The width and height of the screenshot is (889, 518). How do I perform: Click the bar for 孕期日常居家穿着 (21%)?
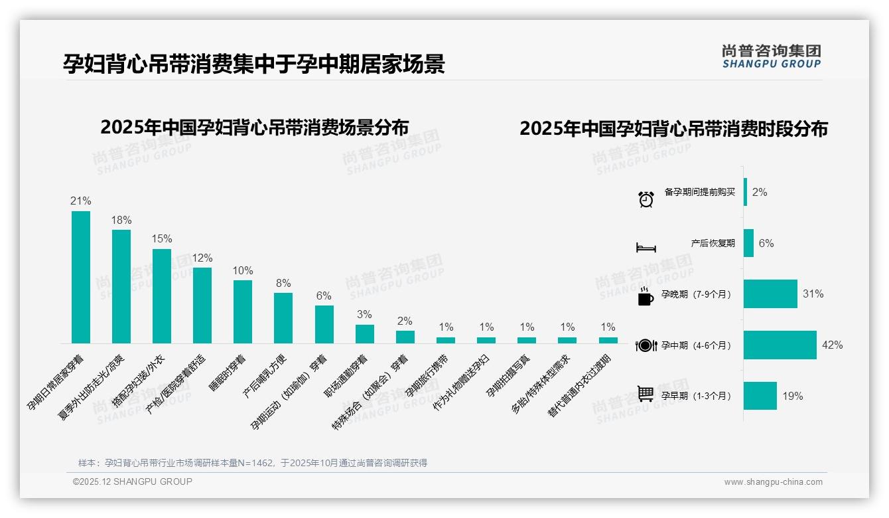[81, 277]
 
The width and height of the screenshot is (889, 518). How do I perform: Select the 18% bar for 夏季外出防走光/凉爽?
[121, 286]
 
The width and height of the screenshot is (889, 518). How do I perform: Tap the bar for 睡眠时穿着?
[243, 311]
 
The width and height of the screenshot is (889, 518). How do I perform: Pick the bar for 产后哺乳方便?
[283, 318]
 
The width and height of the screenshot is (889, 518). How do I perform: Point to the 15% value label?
[162, 239]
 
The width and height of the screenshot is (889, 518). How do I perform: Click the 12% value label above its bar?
[202, 258]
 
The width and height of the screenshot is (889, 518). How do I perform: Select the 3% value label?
[364, 315]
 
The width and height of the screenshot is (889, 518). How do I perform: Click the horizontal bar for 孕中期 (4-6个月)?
[780, 345]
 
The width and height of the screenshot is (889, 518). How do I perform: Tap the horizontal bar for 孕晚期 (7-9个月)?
[770, 294]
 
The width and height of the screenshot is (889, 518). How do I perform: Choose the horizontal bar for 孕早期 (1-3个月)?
[760, 396]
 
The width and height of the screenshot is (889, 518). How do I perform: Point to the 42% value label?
[832, 345]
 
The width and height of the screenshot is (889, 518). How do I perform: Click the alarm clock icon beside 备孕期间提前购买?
[646, 199]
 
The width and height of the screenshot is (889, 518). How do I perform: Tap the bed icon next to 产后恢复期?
[646, 248]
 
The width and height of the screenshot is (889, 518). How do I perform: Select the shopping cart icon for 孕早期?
[646, 394]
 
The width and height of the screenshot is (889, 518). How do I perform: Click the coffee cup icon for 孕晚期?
[646, 297]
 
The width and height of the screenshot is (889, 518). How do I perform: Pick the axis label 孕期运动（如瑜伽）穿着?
[289, 392]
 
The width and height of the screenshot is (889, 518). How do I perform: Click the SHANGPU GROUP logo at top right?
[772, 56]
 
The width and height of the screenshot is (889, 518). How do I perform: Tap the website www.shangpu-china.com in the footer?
[773, 482]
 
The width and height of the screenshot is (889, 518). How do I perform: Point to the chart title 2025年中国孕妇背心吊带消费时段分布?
[673, 129]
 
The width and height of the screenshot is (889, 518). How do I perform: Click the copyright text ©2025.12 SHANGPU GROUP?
[133, 482]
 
